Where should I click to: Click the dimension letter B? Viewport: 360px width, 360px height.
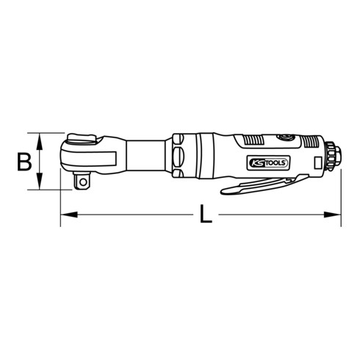tap(24, 161)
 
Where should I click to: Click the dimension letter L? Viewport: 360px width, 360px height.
tap(208, 216)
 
